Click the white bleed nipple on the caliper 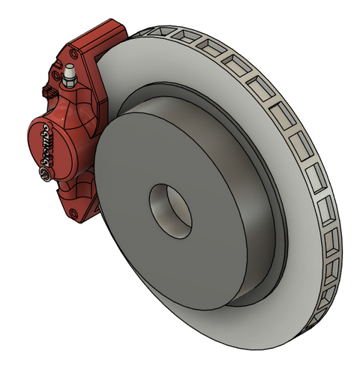click(69, 71)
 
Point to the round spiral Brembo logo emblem click(45, 175)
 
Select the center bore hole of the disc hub click(170, 211)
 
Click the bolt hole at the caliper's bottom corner click(73, 213)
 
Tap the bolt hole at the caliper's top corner click(73, 54)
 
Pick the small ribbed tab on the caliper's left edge click(49, 91)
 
